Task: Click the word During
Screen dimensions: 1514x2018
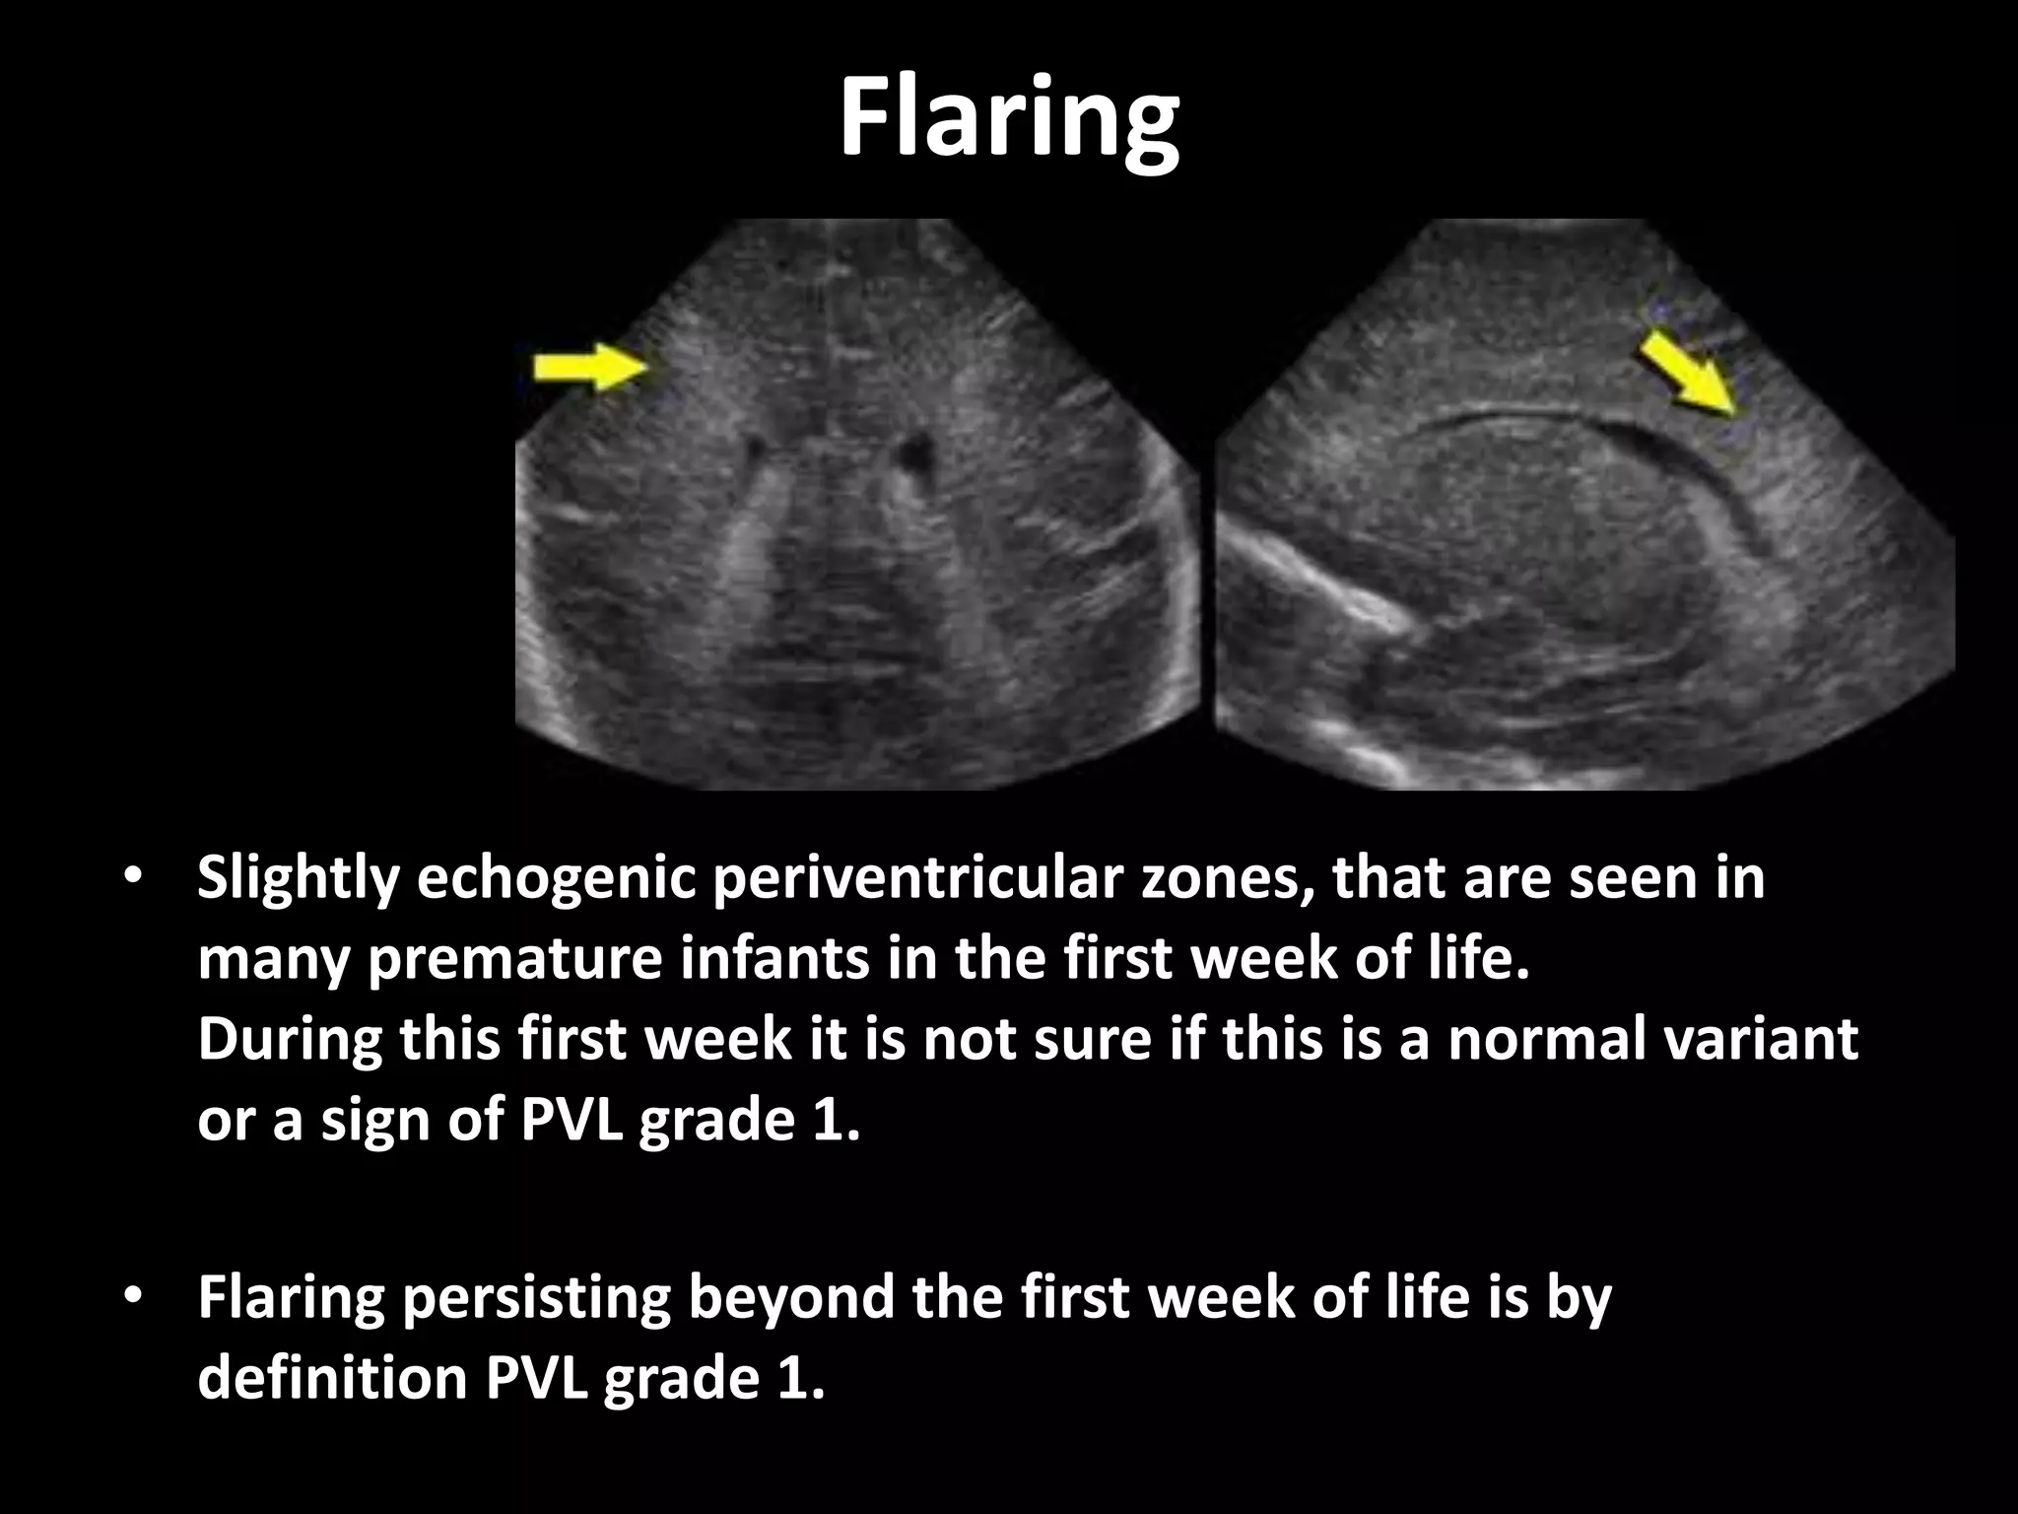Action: click(288, 1039)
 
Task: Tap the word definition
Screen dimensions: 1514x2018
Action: click(330, 1378)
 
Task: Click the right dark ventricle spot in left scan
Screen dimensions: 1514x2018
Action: click(916, 452)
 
